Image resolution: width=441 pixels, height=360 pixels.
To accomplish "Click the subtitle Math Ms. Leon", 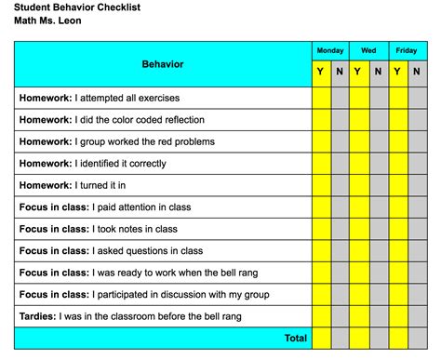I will click(54, 20).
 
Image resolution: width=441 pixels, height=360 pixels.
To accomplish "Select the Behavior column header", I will click(163, 64).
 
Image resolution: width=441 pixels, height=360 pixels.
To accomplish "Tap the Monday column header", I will click(330, 50).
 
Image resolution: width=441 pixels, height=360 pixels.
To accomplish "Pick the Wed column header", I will click(368, 50).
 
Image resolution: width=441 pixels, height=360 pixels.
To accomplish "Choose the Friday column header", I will click(407, 50).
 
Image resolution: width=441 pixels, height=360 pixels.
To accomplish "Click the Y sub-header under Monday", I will click(321, 71).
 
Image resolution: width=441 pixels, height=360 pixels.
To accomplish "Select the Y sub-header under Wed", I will click(359, 71).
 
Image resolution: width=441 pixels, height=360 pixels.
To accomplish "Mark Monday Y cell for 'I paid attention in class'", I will click(321, 207).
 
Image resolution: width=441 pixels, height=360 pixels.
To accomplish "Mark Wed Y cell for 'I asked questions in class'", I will click(359, 251).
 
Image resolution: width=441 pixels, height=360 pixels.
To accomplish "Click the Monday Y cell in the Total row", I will click(321, 339).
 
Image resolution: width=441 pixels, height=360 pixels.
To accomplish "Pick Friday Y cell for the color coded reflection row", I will click(397, 120).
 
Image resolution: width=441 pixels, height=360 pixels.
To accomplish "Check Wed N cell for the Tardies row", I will click(378, 316).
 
